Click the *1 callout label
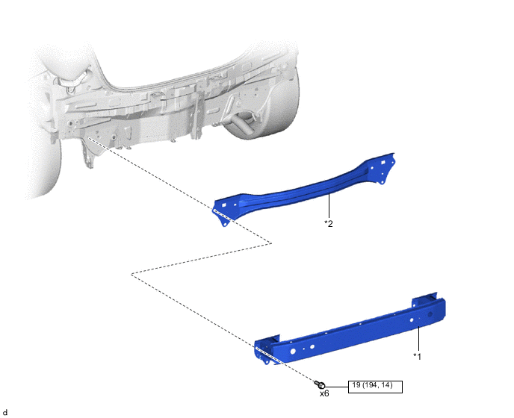[x=417, y=356]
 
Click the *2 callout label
[x=329, y=223]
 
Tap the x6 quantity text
[x=324, y=393]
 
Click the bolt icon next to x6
[x=320, y=384]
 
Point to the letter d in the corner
[x=4, y=413]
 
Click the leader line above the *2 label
[x=329, y=206]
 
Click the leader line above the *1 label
[x=418, y=338]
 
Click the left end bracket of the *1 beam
[x=265, y=350]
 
